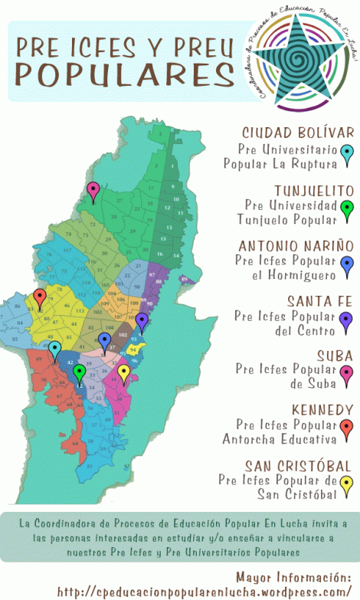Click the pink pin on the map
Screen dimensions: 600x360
(x=93, y=191)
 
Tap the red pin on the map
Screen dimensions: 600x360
(x=40, y=298)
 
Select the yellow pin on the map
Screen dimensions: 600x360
(x=123, y=373)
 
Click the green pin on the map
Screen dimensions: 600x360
(x=79, y=372)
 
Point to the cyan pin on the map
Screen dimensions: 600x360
(x=54, y=349)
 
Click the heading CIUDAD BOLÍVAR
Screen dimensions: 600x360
(x=297, y=133)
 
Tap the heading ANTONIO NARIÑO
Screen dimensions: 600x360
(x=296, y=246)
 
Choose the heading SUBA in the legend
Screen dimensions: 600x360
(x=334, y=356)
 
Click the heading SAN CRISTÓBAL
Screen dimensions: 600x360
(x=298, y=466)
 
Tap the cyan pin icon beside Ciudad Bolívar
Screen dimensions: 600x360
(x=346, y=155)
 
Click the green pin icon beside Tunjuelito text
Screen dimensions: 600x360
(x=346, y=208)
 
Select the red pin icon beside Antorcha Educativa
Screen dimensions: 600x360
(x=346, y=429)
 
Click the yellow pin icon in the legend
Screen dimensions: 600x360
(x=346, y=484)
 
